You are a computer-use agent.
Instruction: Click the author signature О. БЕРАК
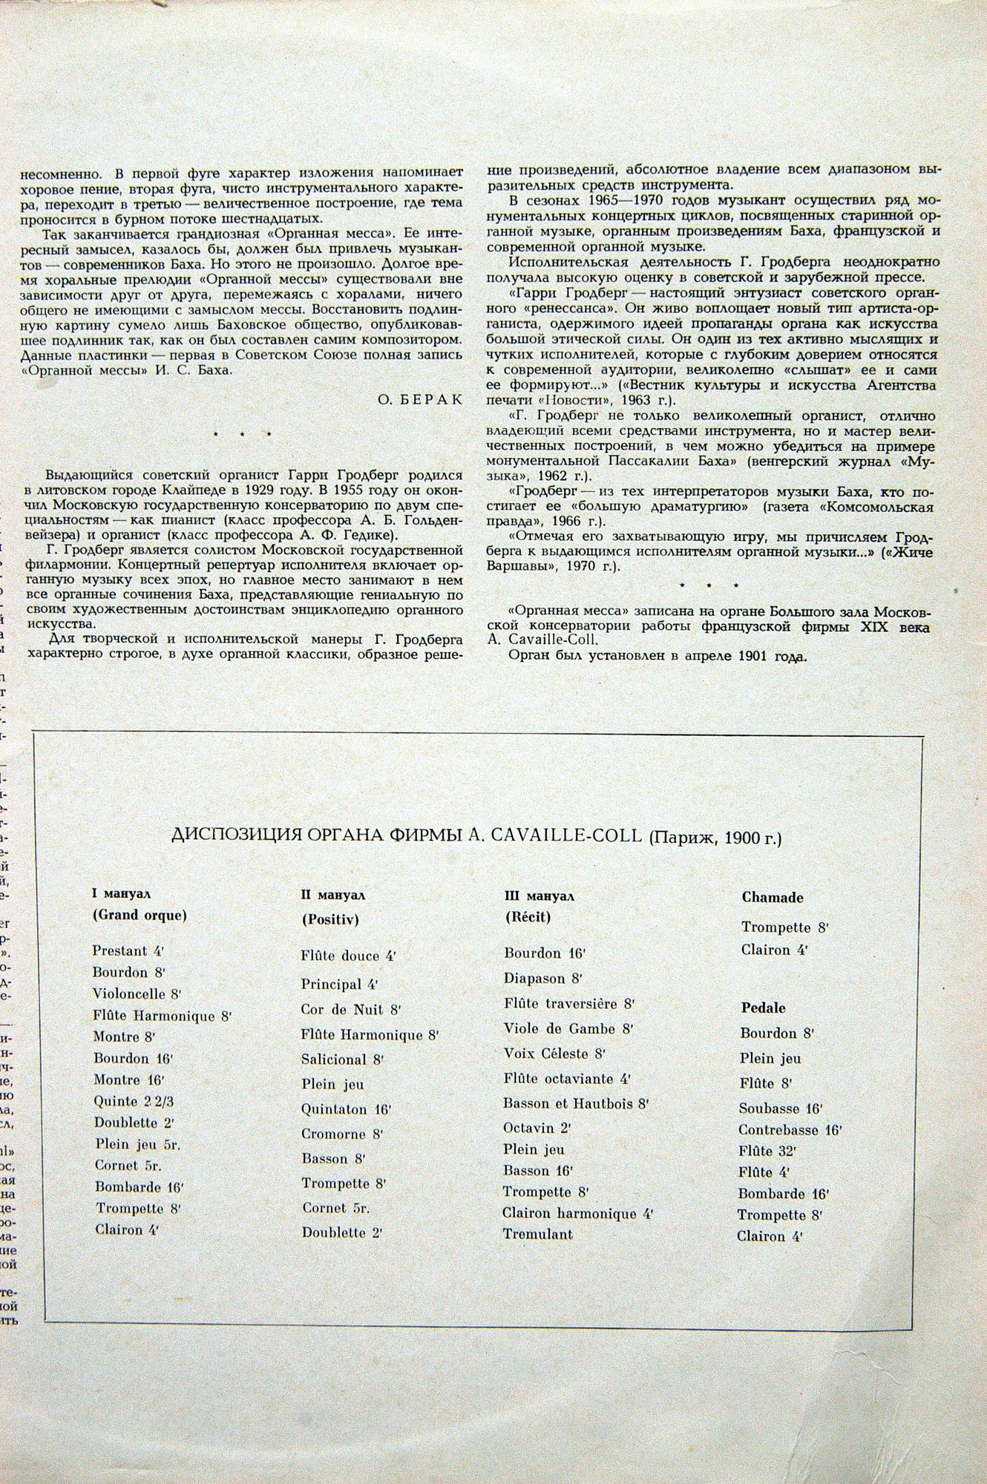421,399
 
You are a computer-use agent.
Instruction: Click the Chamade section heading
772,897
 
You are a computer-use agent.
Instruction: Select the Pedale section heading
763,1008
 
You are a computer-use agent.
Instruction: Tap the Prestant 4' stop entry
127,951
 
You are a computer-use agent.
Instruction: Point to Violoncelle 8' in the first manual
137,994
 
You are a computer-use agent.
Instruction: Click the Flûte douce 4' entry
348,956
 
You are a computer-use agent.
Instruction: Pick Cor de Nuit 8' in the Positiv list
351,1009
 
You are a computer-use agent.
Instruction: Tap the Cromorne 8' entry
342,1134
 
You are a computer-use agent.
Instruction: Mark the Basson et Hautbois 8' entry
575,1103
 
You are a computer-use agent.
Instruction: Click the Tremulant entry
537,1234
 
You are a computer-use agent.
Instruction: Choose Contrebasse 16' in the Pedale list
790,1130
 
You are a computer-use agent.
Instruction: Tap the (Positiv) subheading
329,919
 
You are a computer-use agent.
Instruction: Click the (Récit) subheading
527,917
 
